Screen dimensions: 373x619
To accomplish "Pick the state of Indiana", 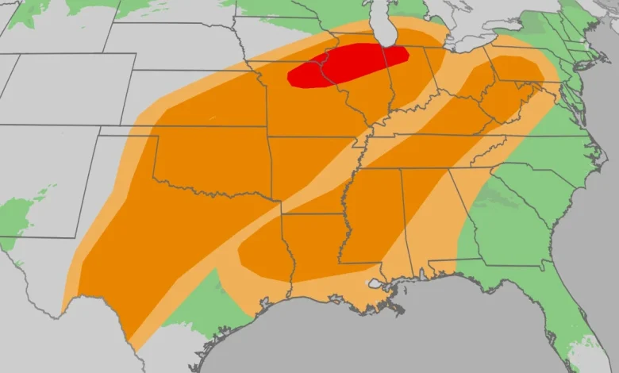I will tap(405, 79).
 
